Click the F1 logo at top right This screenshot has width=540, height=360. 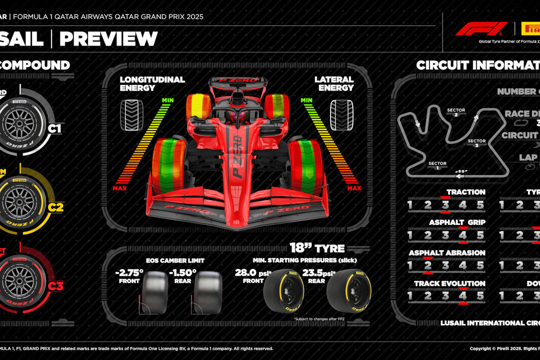point(474,28)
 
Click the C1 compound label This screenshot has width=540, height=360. point(54,128)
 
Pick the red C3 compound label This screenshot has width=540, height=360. point(55,286)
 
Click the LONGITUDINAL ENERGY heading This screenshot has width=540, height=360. point(152,83)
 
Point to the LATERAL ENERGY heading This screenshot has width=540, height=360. point(334,83)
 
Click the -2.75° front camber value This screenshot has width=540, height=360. point(129,274)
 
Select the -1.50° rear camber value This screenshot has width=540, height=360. point(183,274)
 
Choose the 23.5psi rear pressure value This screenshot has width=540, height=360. point(316,273)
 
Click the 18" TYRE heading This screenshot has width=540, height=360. point(317,248)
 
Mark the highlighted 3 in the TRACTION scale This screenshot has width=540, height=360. point(445,205)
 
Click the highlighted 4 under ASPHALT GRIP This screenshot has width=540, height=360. point(462,235)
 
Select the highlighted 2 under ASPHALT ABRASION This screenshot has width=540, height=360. point(427,266)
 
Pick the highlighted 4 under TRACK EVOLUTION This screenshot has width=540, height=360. point(462,296)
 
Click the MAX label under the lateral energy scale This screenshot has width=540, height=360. point(354,188)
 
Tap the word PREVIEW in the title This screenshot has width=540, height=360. point(108,39)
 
